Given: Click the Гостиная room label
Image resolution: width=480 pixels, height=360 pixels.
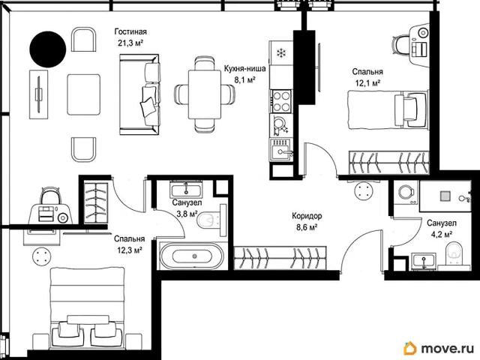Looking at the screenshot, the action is pos(130,31).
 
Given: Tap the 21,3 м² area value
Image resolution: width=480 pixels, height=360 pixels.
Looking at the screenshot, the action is pos(130,43).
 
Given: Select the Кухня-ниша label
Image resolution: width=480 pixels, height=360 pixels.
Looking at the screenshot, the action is pos(244,68).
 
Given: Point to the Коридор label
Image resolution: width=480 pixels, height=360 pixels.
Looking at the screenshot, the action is pos(307,216).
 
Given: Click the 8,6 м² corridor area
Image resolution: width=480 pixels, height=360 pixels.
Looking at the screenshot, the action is pos(307,227).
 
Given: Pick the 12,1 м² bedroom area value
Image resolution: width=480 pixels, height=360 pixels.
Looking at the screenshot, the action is pos(367,83).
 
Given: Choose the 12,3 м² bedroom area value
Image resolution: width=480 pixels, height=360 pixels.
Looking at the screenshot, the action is pos(130,250).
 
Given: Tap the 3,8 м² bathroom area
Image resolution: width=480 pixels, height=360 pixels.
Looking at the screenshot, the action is pos(187,214).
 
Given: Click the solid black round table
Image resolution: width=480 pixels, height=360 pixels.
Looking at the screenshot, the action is pos(48,49).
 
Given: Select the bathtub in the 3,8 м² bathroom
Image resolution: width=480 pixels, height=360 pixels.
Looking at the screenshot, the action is pos(192,256).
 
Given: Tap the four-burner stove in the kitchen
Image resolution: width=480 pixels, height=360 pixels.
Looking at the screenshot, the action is pos(281,101).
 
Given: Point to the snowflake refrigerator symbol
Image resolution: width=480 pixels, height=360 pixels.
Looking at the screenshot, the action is pos(281,53).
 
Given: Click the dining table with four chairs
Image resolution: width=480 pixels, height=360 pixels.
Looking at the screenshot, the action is pos(205,94).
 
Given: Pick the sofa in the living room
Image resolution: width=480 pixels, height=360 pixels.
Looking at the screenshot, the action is pos(139,94).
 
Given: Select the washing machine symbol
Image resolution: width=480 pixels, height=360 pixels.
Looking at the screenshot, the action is pos(406,193).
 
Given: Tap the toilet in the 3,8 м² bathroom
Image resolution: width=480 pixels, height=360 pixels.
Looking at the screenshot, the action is pos(210,220).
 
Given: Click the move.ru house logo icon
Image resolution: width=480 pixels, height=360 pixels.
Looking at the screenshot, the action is pos(410,348).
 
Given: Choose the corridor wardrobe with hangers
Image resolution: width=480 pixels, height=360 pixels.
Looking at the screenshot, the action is pos(280,258).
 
